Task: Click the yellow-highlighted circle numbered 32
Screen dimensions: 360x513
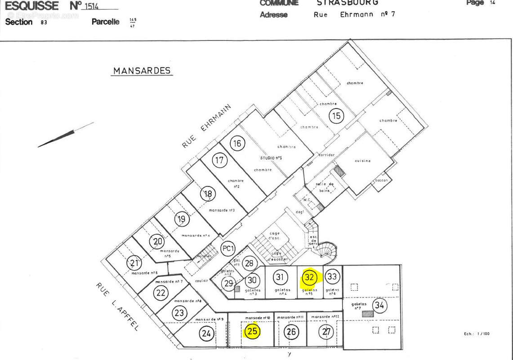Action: (x=309, y=277)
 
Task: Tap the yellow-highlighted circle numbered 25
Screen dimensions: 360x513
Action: (x=252, y=332)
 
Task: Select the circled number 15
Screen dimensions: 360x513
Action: (x=336, y=116)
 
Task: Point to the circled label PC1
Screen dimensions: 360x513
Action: (x=228, y=248)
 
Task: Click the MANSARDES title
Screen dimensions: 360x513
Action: (x=142, y=71)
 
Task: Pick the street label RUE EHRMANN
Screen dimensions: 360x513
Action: (x=206, y=126)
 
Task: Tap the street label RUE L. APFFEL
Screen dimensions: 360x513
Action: (x=117, y=306)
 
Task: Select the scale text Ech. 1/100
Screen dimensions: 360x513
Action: (x=477, y=334)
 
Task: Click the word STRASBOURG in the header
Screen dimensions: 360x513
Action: (x=347, y=3)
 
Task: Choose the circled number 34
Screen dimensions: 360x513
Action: (x=379, y=306)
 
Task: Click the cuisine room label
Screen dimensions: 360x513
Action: (x=362, y=161)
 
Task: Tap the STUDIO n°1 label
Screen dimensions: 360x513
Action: (x=271, y=158)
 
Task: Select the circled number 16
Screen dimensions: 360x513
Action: (x=237, y=144)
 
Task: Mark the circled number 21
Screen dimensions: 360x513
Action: (x=134, y=263)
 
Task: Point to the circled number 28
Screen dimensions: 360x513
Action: (x=249, y=264)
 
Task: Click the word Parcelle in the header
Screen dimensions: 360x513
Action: (x=105, y=22)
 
